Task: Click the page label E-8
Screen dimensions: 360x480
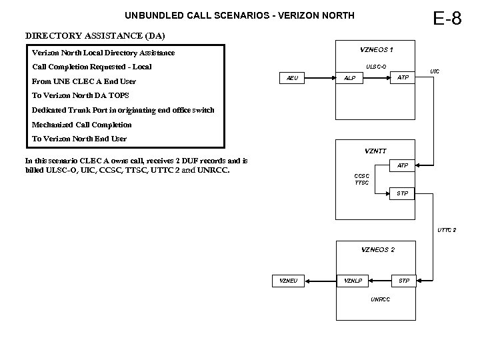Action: [x=447, y=18]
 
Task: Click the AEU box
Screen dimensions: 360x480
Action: [x=292, y=78]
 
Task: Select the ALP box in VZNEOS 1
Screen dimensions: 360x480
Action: [x=349, y=78]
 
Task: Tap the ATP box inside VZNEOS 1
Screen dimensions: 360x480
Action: [x=403, y=78]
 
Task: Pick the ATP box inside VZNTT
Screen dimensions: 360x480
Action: [x=403, y=165]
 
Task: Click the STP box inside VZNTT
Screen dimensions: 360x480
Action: [x=403, y=193]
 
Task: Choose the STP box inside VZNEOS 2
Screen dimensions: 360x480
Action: [x=403, y=281]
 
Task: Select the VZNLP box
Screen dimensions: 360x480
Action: [x=353, y=281]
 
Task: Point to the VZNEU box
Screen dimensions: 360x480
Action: [x=289, y=281]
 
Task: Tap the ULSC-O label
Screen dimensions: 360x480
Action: [x=376, y=65]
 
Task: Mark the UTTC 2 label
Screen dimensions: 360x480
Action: [x=447, y=230]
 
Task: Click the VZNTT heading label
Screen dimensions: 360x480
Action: [x=376, y=151]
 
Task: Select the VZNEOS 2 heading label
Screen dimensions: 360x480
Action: [x=377, y=249]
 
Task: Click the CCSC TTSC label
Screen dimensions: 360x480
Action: [x=361, y=179]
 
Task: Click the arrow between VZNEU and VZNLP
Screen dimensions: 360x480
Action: [x=321, y=281]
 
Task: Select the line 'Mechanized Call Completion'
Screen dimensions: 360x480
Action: [x=82, y=125]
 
